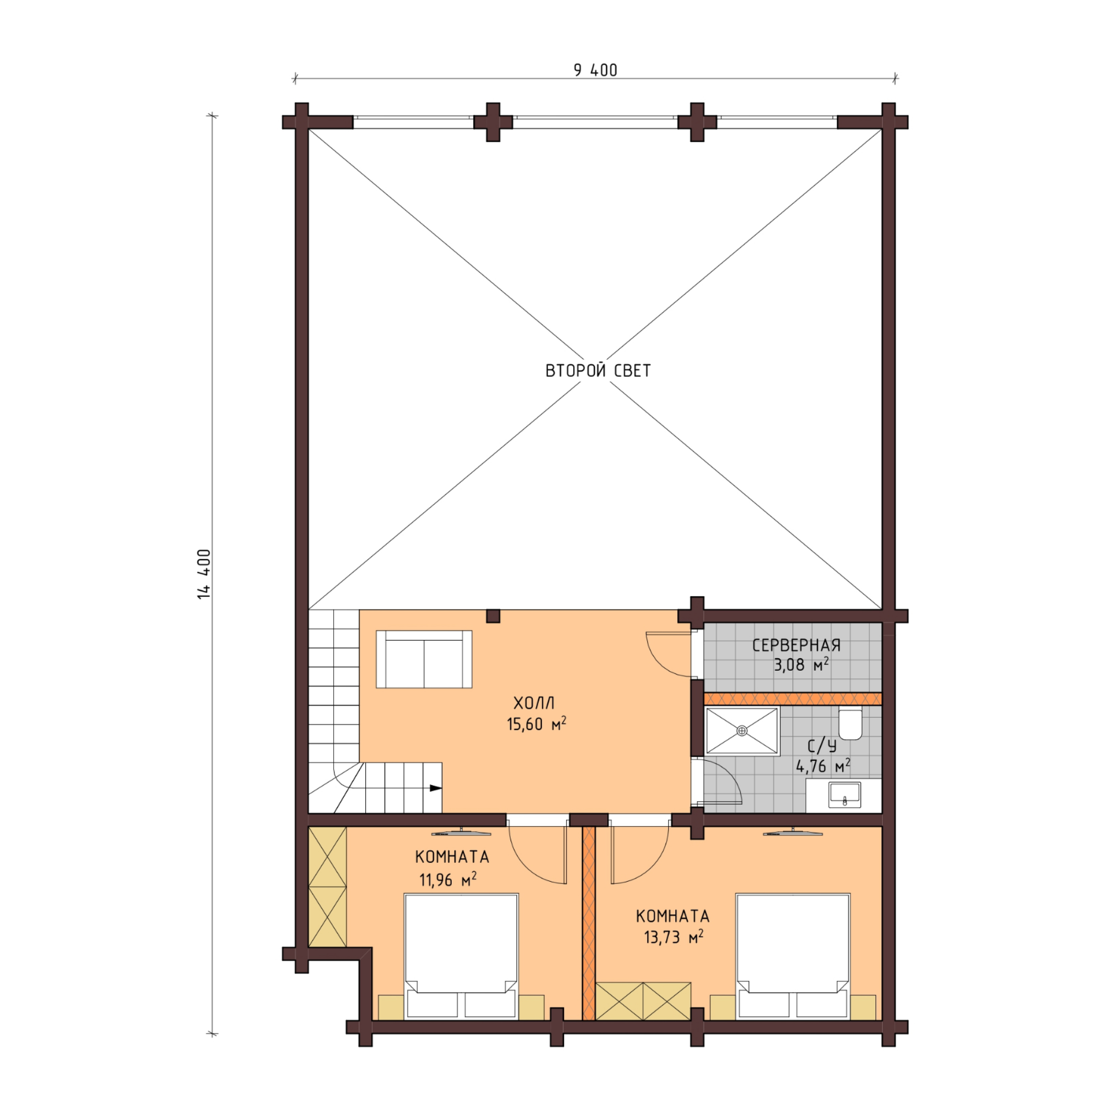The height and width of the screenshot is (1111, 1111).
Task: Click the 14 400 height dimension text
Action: click(x=204, y=574)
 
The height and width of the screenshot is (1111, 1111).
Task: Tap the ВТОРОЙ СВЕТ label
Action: click(x=598, y=370)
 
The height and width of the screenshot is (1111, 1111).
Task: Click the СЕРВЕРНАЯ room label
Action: click(x=797, y=645)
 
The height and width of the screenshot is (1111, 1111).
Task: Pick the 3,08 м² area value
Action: click(x=801, y=665)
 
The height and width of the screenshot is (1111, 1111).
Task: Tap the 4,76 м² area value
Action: click(x=823, y=766)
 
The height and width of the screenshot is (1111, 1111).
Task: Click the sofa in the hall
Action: click(x=424, y=659)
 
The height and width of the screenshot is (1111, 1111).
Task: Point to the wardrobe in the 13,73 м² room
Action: click(x=643, y=1001)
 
